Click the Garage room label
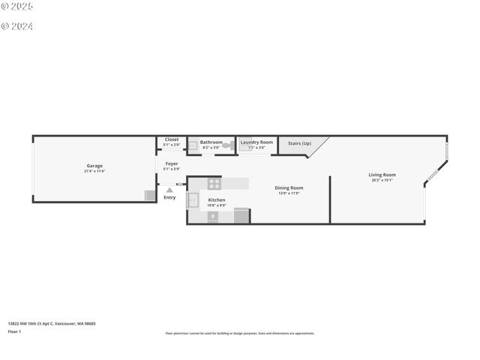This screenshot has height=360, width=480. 94,166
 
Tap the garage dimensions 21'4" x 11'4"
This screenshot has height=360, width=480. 94,172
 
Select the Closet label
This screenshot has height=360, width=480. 172,139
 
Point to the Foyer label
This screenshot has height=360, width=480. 172,163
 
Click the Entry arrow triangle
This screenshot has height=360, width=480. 169,190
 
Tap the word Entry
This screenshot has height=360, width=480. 169,197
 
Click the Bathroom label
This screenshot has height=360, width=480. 211,142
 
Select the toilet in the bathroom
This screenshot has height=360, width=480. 226,146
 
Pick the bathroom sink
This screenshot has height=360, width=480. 192,145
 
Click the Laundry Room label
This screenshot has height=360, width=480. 256,142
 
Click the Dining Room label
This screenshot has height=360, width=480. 289,187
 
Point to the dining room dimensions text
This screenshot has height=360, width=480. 289,193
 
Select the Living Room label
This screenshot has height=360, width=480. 382,175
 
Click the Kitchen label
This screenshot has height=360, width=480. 217,200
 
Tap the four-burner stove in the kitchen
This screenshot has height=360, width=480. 214,182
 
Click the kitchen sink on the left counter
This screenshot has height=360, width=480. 193,199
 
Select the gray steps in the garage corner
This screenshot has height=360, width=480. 150,195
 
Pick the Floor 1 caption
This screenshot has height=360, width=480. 14,331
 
